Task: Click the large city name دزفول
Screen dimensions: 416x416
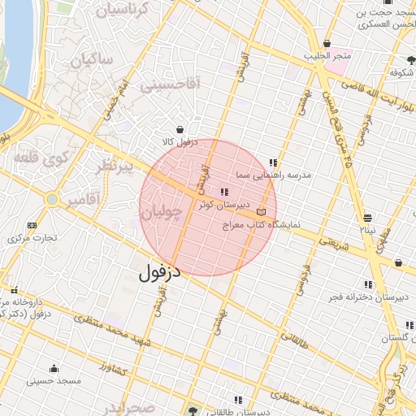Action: coord(158,272)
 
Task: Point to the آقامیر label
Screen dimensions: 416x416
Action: coord(84,198)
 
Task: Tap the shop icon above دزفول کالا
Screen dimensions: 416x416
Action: coord(179,129)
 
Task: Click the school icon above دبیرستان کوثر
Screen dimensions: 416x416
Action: coord(224,192)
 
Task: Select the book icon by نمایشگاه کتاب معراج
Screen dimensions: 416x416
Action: coord(260,211)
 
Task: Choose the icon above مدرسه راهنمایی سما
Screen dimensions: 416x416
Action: coord(274,162)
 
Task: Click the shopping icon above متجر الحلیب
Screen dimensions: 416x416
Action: coord(327,44)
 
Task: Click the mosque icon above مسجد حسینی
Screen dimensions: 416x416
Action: coord(54,368)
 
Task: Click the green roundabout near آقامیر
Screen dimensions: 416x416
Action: coord(52,198)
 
